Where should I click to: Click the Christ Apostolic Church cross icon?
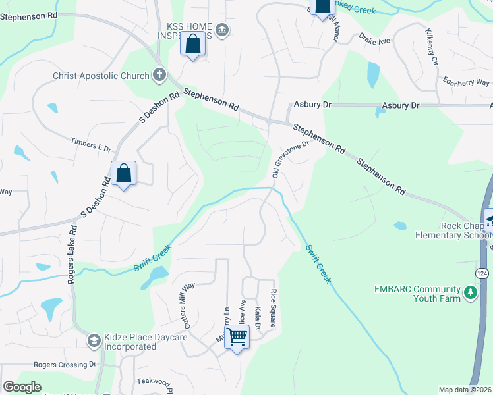(x=159, y=75)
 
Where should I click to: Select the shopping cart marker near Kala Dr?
(x=237, y=338)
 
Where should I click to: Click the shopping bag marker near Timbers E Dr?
(x=123, y=174)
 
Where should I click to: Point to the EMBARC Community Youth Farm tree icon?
(x=470, y=292)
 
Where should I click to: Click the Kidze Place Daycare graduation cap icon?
(x=94, y=340)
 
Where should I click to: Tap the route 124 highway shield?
(x=482, y=272)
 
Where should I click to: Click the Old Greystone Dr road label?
(x=291, y=159)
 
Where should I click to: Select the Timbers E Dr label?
(x=91, y=145)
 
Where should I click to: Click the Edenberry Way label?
(x=466, y=82)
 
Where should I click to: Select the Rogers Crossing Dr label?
(x=65, y=364)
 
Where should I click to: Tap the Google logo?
(x=22, y=387)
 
